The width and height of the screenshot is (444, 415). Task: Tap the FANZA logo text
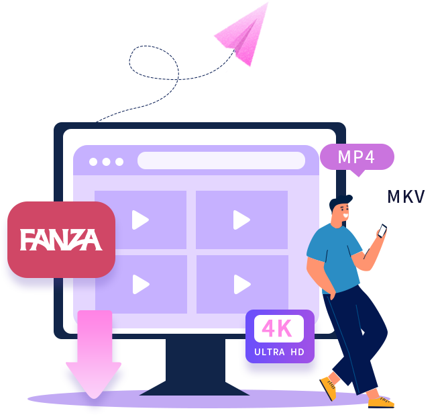(x=61, y=240)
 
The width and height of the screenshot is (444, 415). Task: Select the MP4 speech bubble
(x=357, y=157)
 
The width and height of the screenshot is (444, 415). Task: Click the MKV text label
(x=406, y=197)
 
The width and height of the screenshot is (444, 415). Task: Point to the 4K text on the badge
(x=277, y=328)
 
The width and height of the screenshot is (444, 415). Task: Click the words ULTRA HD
(x=279, y=352)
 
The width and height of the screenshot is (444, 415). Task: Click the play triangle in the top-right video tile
(x=241, y=220)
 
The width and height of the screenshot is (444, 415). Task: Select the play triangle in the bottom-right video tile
(x=242, y=284)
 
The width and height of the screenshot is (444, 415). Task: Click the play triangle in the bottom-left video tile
(x=141, y=284)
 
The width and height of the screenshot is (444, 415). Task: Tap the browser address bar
(x=221, y=160)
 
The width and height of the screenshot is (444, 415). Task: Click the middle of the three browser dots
(x=106, y=162)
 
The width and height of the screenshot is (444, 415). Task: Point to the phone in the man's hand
(x=382, y=230)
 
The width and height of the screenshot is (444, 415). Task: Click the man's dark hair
(x=339, y=201)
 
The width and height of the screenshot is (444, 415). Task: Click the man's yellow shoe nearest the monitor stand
(x=329, y=387)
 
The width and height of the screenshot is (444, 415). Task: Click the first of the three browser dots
(x=93, y=162)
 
